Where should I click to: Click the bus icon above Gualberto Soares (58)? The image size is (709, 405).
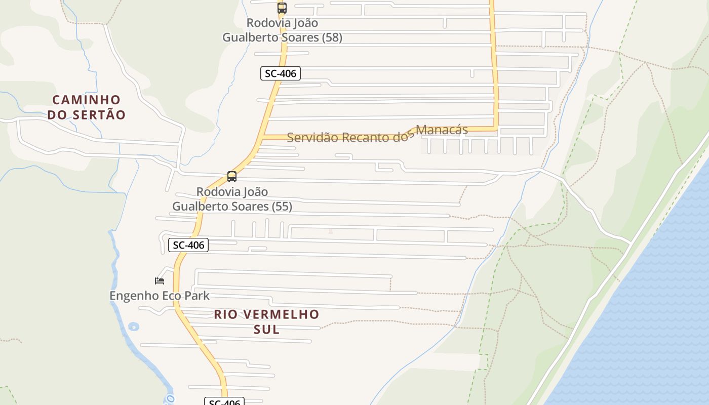click(282, 8)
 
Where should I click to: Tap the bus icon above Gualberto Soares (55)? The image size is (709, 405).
click(232, 177)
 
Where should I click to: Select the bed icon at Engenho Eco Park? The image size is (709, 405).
click(160, 281)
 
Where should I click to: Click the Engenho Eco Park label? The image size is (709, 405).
click(160, 296)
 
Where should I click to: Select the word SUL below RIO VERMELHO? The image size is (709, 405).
click(266, 330)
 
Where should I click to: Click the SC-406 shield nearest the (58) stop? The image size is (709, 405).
click(281, 73)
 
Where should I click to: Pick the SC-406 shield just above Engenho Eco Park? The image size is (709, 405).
click(188, 246)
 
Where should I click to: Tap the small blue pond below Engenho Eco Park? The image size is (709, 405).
click(133, 327)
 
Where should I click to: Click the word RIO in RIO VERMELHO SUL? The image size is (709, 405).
click(225, 314)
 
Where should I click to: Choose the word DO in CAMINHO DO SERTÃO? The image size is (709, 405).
click(57, 115)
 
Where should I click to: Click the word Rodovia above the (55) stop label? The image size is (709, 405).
click(217, 192)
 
